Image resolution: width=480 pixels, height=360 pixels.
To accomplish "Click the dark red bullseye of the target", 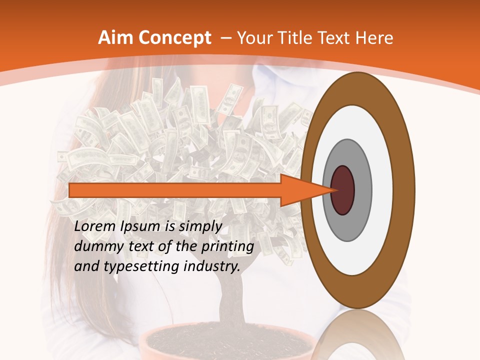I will pos(343,190).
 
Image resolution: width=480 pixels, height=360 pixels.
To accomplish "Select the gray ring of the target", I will pos(362,190).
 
